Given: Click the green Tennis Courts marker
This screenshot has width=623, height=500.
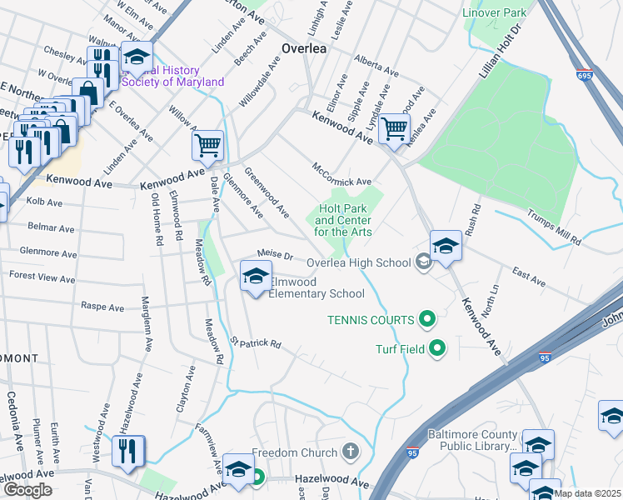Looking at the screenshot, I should [x=427, y=319].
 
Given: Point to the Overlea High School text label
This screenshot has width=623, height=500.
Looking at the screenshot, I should [x=359, y=262].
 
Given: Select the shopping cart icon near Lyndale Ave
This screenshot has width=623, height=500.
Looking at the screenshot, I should [x=394, y=128].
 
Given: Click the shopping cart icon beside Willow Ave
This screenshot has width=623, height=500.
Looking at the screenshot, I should [x=207, y=145].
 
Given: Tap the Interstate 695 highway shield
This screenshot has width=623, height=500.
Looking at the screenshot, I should [x=585, y=75].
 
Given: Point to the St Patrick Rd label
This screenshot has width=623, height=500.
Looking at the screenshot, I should [x=256, y=342].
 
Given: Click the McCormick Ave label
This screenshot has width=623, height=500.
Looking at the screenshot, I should [x=341, y=175].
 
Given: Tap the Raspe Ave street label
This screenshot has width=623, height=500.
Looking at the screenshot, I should [x=102, y=307].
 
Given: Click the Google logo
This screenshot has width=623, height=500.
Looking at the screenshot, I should [x=27, y=490].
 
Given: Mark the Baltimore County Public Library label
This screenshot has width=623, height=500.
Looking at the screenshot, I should [x=472, y=440].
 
